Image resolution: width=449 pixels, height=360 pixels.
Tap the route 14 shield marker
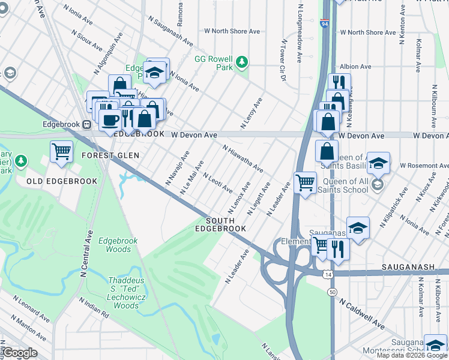tap(327, 274)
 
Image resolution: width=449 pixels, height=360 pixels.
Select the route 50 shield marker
tap(332, 292)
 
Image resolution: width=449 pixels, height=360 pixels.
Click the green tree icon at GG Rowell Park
tap(241, 61)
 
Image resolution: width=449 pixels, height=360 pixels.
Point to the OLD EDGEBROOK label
tap(50, 181)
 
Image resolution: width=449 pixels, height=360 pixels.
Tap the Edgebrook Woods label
tap(118, 245)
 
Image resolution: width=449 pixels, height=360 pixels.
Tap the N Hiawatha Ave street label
tap(243, 159)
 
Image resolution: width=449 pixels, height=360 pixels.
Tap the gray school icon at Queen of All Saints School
tap(376, 183)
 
